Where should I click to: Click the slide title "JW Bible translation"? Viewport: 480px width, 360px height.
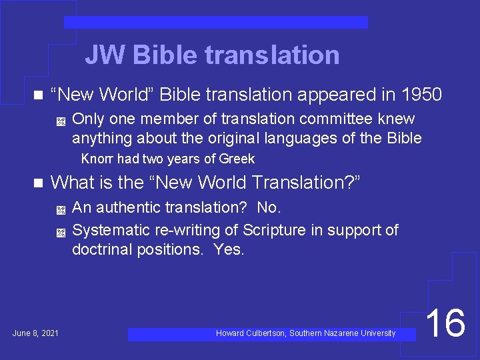coord(212,55)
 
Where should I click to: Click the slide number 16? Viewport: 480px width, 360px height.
coord(445,323)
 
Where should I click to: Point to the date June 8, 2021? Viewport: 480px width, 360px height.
coord(35,333)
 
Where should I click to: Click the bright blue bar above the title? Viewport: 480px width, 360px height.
coord(215,23)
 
